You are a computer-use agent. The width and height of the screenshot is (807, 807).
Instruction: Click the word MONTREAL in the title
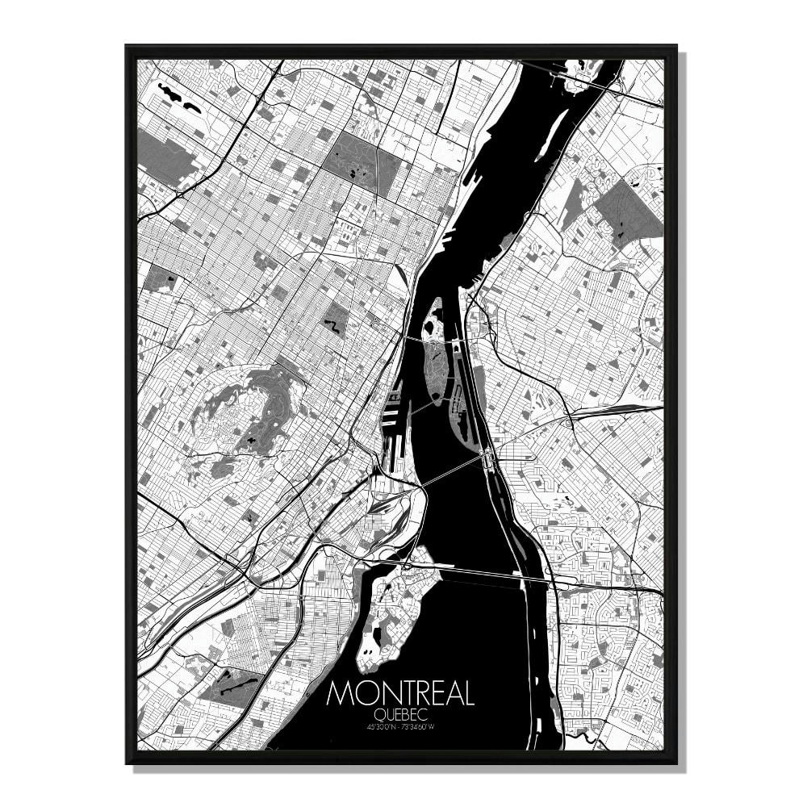tap(400, 695)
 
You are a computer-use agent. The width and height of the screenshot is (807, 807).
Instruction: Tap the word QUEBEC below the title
tap(400, 715)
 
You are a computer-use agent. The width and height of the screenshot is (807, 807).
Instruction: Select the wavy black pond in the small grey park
tap(330, 325)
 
